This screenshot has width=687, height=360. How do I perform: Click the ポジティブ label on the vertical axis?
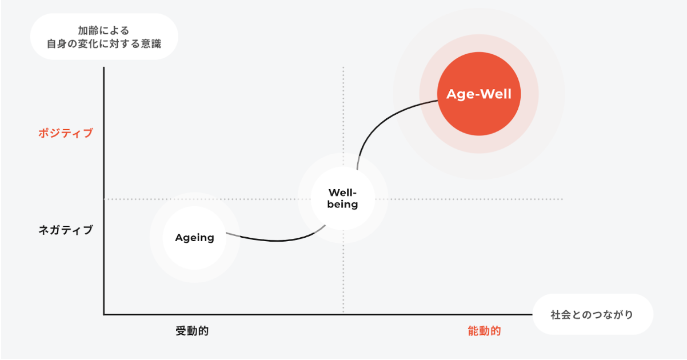[65, 133]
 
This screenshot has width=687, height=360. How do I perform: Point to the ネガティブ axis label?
[65, 230]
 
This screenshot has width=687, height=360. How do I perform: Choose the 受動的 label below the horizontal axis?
[192, 331]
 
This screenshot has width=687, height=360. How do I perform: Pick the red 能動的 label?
[484, 331]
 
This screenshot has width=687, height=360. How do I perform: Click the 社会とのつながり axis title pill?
[592, 314]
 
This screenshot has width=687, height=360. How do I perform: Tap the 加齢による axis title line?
[103, 30]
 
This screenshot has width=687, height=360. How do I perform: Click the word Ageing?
[194, 238]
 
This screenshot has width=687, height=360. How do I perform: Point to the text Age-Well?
[479, 94]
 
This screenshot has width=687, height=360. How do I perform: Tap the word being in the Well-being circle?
[343, 205]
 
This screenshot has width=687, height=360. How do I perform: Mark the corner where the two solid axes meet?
[104, 314]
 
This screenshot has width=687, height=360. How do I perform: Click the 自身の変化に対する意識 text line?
[103, 43]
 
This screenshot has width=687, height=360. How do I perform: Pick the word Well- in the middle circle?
[343, 193]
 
